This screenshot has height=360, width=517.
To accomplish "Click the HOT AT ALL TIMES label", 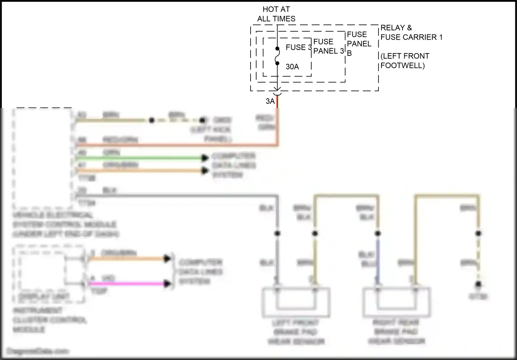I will click(276, 14).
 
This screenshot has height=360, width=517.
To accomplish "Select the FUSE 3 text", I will click(298, 47).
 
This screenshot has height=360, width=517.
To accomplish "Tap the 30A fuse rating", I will click(292, 67).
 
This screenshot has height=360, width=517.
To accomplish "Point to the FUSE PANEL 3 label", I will click(328, 46).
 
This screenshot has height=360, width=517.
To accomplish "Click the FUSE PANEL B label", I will click(359, 43).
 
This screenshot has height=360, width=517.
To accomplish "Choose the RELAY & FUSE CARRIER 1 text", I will click(411, 32).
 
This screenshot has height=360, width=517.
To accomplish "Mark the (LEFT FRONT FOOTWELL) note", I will click(405, 61).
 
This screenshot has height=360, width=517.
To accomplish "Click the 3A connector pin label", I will click(270, 101).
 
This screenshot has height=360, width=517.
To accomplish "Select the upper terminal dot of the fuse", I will click(277, 49).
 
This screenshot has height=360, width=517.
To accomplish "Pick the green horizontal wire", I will click(138, 158).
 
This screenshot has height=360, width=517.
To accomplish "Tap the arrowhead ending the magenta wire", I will click(168, 284).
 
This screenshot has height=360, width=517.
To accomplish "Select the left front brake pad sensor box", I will click(296, 302).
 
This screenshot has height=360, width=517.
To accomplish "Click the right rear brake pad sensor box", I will click(396, 302).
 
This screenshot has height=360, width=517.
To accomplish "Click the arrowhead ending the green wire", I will click(205, 158).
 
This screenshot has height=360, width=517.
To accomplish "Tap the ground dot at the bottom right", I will click(478, 284).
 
